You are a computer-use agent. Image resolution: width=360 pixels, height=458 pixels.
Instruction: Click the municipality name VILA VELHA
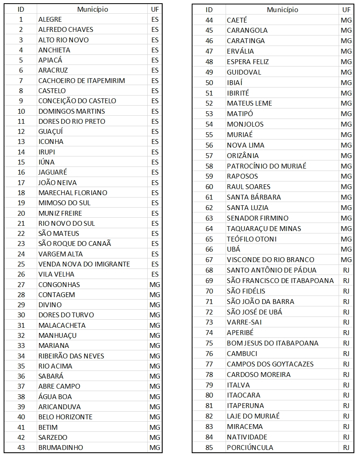click(57, 274)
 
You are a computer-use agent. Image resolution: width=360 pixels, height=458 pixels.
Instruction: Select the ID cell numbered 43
click(21, 448)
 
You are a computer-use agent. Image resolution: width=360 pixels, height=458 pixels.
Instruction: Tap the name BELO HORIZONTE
click(65, 417)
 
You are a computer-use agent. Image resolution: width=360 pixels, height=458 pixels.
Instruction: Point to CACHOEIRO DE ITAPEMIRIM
click(82, 81)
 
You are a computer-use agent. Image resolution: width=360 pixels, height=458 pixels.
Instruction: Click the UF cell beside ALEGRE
click(155, 19)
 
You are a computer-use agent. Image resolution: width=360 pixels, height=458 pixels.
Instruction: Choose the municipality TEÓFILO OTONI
click(252, 239)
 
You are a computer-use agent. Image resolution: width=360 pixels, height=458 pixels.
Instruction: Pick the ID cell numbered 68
click(209, 270)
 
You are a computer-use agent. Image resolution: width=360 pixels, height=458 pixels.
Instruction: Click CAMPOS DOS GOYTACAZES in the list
click(270, 364)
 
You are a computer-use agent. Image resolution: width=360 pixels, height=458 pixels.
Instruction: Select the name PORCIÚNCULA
click(250, 448)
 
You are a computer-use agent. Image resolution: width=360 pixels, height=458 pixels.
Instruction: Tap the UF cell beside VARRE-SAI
click(346, 322)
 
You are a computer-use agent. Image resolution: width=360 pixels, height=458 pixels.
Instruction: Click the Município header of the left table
click(92, 9)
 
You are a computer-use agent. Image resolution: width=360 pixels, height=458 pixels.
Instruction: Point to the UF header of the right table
click(346, 10)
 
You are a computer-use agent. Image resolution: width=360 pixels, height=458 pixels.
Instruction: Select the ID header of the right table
click(209, 10)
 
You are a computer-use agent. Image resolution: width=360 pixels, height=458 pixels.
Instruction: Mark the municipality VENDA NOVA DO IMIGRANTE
click(84, 264)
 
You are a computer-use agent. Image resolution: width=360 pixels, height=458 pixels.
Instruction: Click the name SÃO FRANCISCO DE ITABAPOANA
click(280, 281)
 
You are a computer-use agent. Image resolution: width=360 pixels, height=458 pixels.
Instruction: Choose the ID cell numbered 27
click(21, 285)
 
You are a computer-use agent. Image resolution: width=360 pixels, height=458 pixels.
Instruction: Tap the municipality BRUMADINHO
click(61, 448)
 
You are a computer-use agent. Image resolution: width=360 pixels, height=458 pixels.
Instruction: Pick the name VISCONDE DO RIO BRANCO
click(270, 260)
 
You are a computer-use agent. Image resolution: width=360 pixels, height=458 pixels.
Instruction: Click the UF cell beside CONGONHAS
click(155, 285)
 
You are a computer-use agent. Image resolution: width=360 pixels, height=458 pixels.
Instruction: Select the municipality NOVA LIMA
click(245, 145)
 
